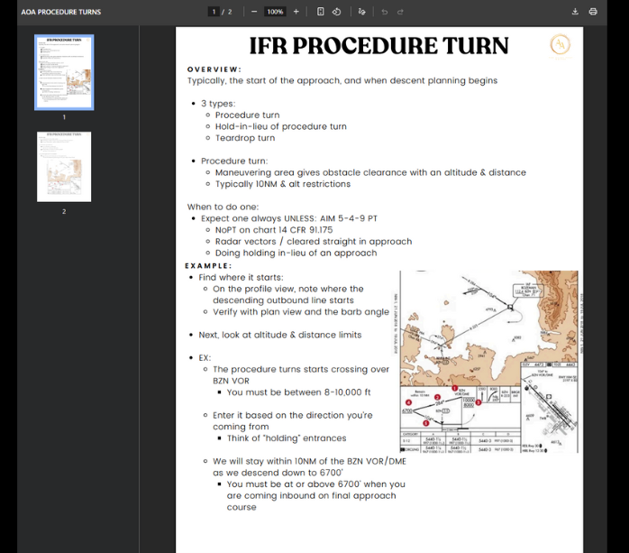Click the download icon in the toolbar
tap(575, 12)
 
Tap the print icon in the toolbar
tap(593, 12)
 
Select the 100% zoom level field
tap(275, 12)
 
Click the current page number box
tap(214, 12)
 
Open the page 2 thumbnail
tap(64, 167)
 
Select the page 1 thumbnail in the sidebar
tap(64, 72)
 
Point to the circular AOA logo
tap(560, 44)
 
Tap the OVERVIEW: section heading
tap(214, 69)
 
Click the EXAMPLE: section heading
tap(208, 266)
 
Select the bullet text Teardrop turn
tap(245, 138)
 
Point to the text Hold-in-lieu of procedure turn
tap(280, 126)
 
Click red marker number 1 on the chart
tap(454, 388)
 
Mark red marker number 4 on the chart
tap(408, 402)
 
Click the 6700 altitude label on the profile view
tap(407, 410)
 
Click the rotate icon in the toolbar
tap(336, 12)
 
